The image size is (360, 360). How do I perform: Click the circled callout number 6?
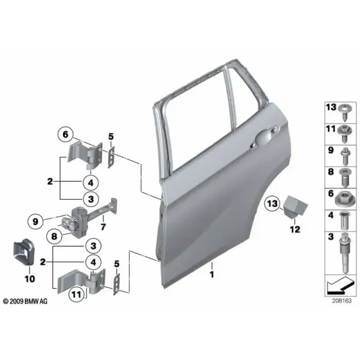[x=65, y=134]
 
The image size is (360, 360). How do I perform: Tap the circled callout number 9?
[x=35, y=221]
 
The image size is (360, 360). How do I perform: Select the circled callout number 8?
[x=54, y=236]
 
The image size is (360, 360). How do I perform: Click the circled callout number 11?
[x=76, y=294]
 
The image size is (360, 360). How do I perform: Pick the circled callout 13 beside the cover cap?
[x=272, y=203]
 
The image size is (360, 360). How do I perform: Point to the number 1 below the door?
[x=212, y=274]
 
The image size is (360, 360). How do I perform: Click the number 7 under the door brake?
[x=103, y=227]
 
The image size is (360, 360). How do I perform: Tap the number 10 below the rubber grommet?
[x=30, y=279]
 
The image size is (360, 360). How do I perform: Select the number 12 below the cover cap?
[x=295, y=229]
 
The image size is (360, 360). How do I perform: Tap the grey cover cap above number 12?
[x=295, y=206]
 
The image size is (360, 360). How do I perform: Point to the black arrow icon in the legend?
[x=340, y=286]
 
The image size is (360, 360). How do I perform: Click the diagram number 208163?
[x=341, y=301]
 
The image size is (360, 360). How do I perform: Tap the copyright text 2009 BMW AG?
[x=25, y=301]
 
